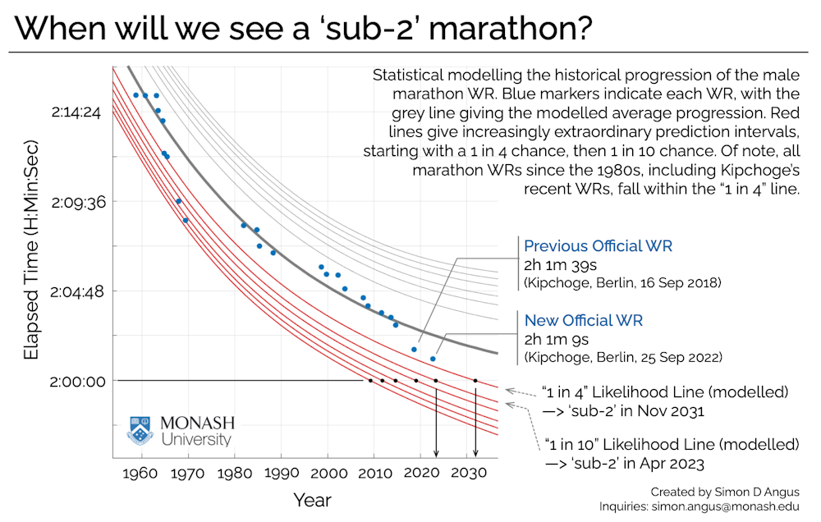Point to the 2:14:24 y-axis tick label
76,112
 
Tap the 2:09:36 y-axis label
76,201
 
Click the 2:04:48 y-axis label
76,291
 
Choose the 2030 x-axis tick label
466,474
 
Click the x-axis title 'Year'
312,500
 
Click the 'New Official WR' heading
583,320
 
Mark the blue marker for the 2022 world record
433,359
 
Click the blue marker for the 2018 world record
414,350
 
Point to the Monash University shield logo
141,430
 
